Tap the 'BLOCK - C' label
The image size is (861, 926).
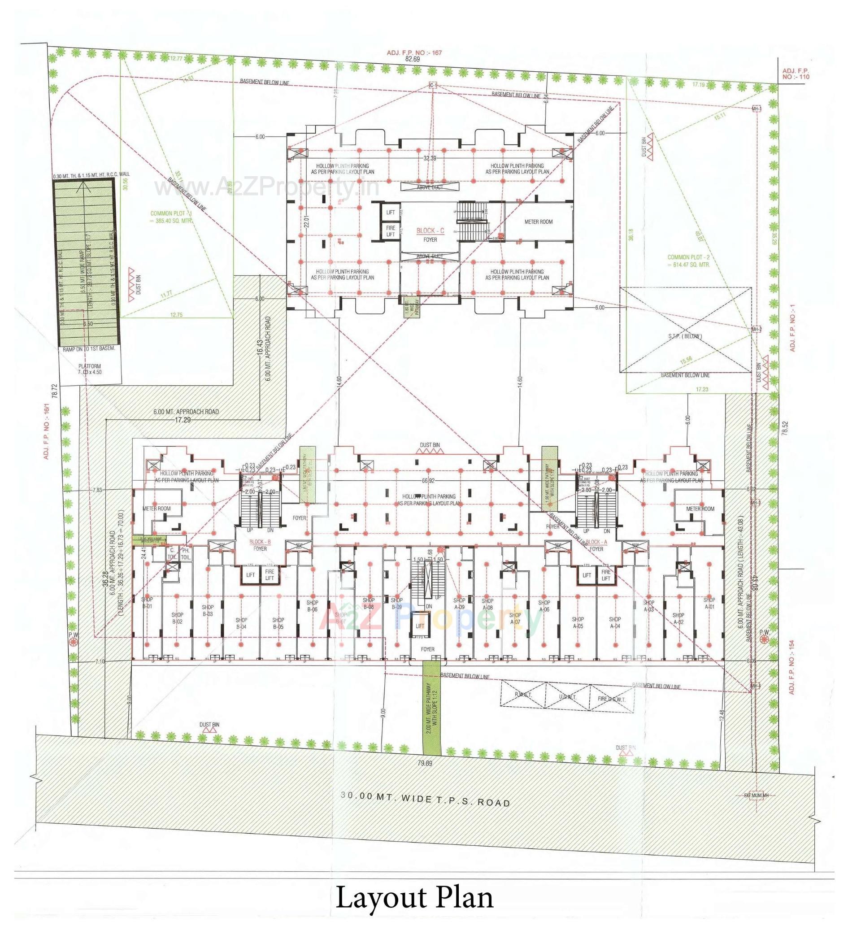tap(430, 230)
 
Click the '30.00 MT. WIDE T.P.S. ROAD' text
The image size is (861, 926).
tap(426, 799)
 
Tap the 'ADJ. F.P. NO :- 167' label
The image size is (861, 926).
tap(414, 52)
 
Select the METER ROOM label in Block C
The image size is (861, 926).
tap(538, 222)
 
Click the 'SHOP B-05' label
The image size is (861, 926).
tap(278, 623)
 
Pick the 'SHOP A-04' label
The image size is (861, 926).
tap(614, 622)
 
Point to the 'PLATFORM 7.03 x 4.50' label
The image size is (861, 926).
tap(89, 369)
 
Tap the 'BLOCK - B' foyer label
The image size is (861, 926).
tap(260, 542)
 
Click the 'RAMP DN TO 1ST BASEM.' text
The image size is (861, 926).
tap(88, 348)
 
